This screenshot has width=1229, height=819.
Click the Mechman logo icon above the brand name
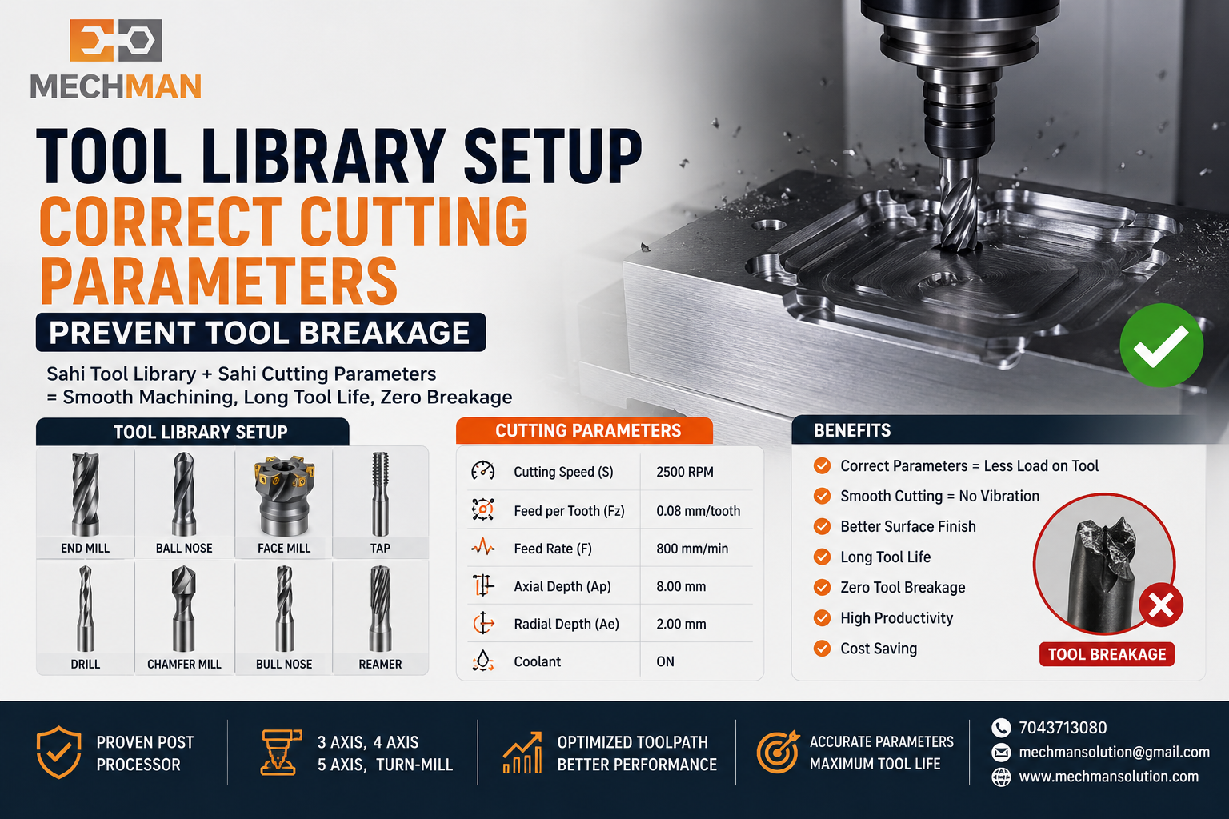(116, 40)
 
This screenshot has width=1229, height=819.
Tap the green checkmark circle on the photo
(1162, 346)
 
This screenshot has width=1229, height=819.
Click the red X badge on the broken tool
(1161, 605)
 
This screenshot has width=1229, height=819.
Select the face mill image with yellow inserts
(284, 495)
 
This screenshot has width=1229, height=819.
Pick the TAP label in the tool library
(380, 548)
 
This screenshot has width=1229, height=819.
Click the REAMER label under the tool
(380, 665)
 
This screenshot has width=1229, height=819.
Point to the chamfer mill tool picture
(184, 609)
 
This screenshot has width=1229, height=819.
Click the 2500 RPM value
(685, 472)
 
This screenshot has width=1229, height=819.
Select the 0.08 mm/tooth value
(698, 511)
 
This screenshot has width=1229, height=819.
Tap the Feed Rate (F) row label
(553, 549)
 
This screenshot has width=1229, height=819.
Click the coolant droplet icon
(482, 661)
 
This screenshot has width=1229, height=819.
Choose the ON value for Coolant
(665, 661)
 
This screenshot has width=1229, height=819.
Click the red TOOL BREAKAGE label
(1107, 654)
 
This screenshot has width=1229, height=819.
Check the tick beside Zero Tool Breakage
(822, 588)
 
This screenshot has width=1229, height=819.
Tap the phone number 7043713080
(1063, 728)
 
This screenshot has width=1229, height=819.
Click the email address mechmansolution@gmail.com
(1115, 752)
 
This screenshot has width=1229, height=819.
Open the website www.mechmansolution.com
(1109, 777)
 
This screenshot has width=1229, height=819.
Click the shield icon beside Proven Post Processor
(58, 753)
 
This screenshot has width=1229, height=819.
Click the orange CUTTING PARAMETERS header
(584, 430)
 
